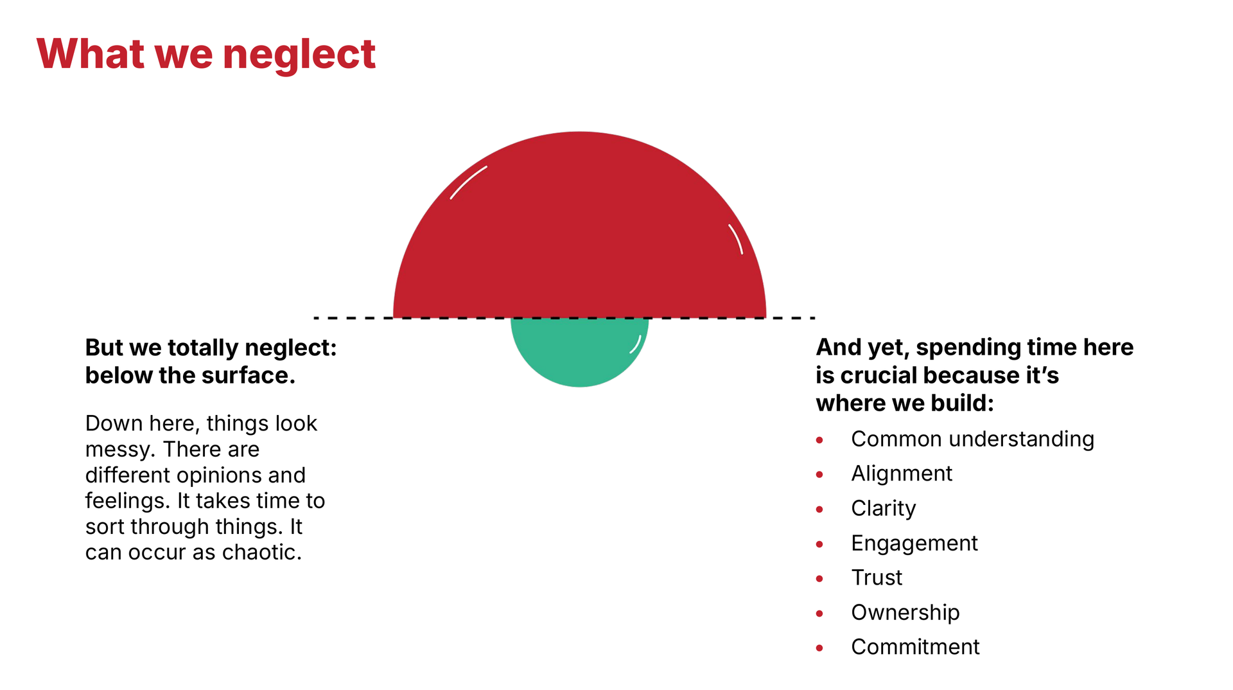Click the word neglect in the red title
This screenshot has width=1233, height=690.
point(299,55)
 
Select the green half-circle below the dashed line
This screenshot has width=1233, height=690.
point(579,352)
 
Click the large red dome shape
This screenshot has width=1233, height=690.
point(579,225)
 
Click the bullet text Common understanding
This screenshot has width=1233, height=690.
point(972,439)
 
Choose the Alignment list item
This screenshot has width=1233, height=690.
point(902,474)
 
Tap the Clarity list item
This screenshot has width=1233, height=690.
point(884,509)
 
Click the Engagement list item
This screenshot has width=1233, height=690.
point(914,544)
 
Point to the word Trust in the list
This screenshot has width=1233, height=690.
point(877,578)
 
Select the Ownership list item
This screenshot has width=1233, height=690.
point(905,613)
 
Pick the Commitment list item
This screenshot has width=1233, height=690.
point(915,647)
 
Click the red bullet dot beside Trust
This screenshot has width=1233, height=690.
point(819,579)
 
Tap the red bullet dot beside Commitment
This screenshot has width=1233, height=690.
point(819,648)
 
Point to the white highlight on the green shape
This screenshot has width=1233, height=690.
point(636,345)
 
